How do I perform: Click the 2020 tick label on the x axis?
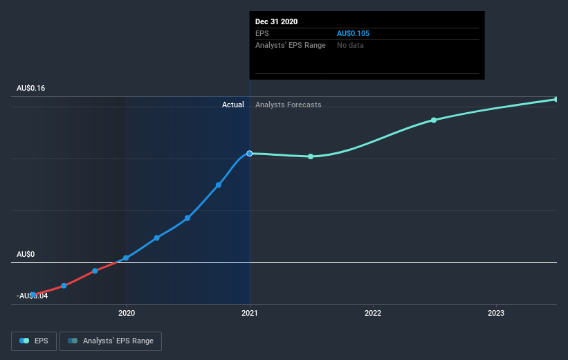tap(126, 314)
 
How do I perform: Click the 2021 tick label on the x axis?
tap(250, 314)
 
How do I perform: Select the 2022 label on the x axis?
tap(373, 314)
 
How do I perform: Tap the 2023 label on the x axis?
tap(496, 314)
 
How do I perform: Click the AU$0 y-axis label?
tap(26, 254)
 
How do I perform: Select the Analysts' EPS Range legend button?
tap(111, 341)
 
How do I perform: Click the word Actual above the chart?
tap(232, 105)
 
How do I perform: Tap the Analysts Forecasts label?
tap(288, 105)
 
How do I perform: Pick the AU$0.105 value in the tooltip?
tap(354, 33)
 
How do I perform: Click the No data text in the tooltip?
tap(350, 45)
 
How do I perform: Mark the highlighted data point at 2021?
tap(250, 153)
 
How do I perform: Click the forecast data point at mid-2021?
tap(311, 156)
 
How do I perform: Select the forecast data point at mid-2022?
tap(434, 120)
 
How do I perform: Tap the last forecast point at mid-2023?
tap(556, 99)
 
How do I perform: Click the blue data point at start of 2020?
tap(126, 258)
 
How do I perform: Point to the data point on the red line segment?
tap(95, 271)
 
